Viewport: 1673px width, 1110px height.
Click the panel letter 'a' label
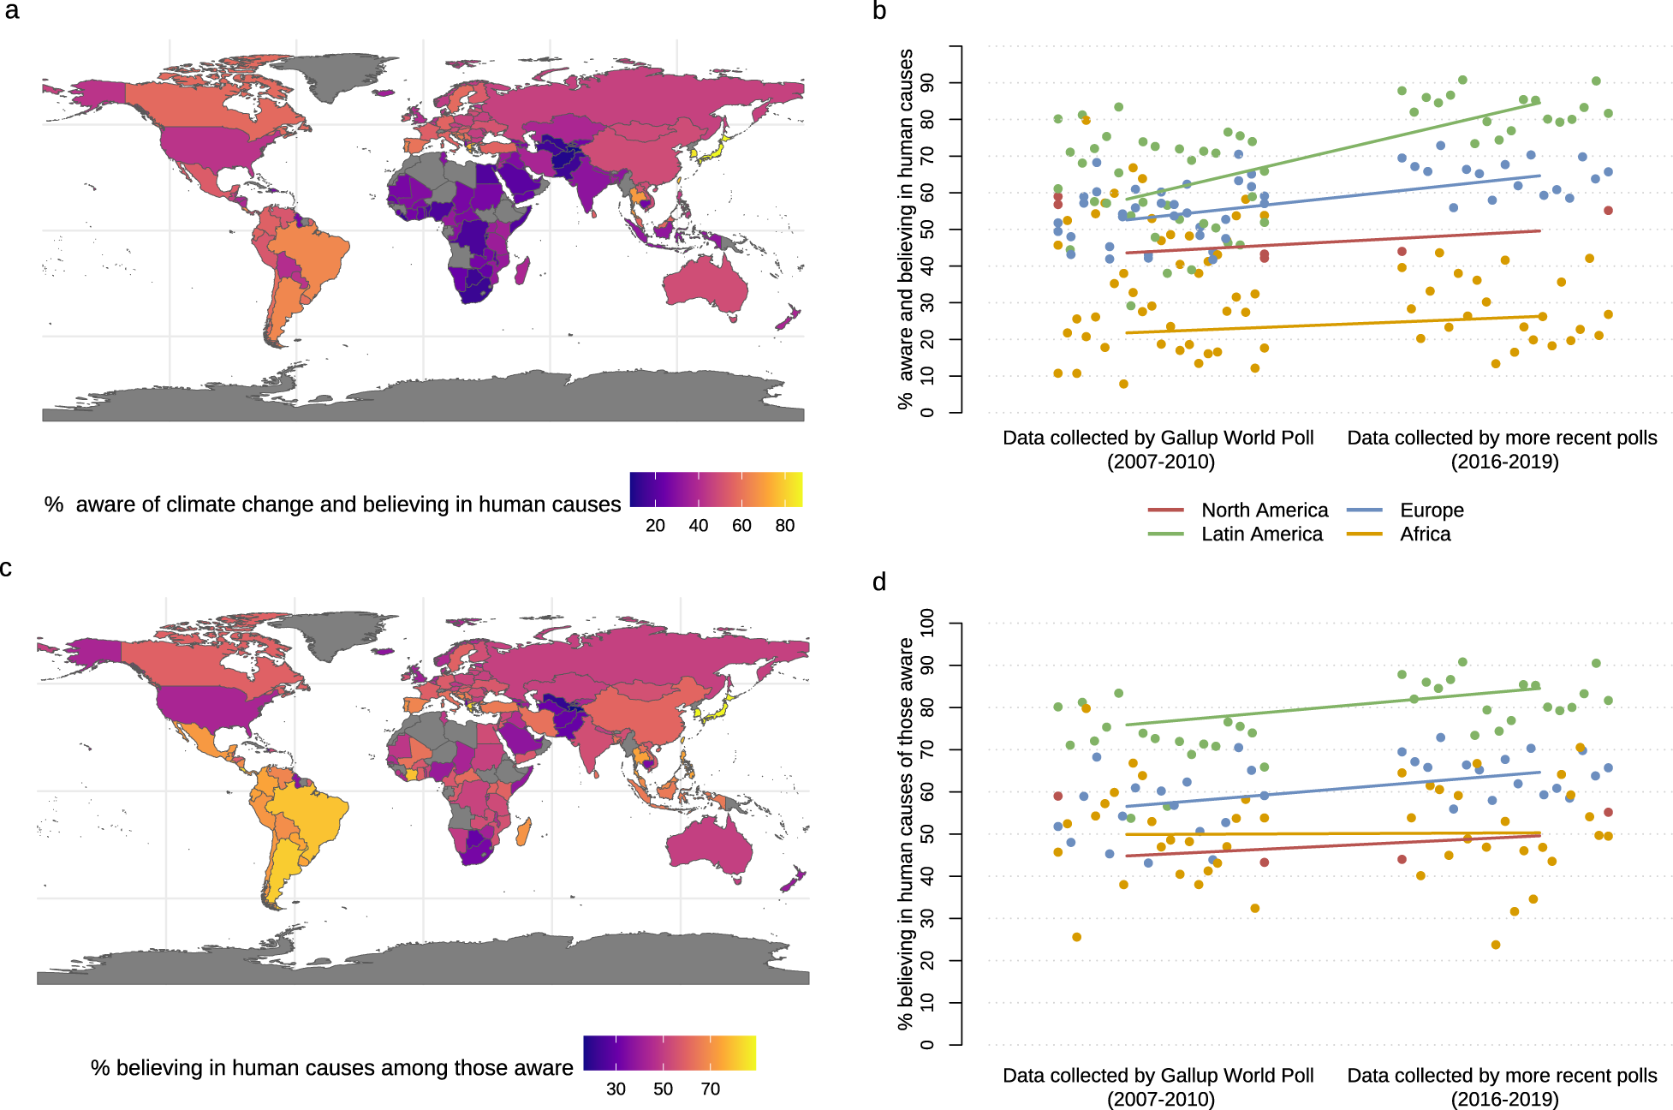coord(11,12)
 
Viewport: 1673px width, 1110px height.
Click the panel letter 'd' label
coord(879,582)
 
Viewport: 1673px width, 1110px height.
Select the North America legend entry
coord(1264,510)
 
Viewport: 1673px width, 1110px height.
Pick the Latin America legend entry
coord(1261,534)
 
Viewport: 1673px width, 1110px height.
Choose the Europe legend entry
coord(1431,510)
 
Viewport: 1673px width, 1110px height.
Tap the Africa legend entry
coord(1425,534)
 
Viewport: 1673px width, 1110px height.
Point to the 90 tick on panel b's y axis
coord(928,83)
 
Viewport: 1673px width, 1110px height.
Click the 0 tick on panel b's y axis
coord(928,413)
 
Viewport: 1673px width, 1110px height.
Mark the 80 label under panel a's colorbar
coord(784,526)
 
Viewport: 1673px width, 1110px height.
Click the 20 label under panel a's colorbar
coord(655,526)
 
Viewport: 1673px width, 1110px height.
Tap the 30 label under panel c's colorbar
coord(616,1089)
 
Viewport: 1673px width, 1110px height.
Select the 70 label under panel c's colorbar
coord(710,1089)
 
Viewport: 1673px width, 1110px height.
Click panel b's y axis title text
coord(906,229)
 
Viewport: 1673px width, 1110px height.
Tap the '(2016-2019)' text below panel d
coord(1504,1099)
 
